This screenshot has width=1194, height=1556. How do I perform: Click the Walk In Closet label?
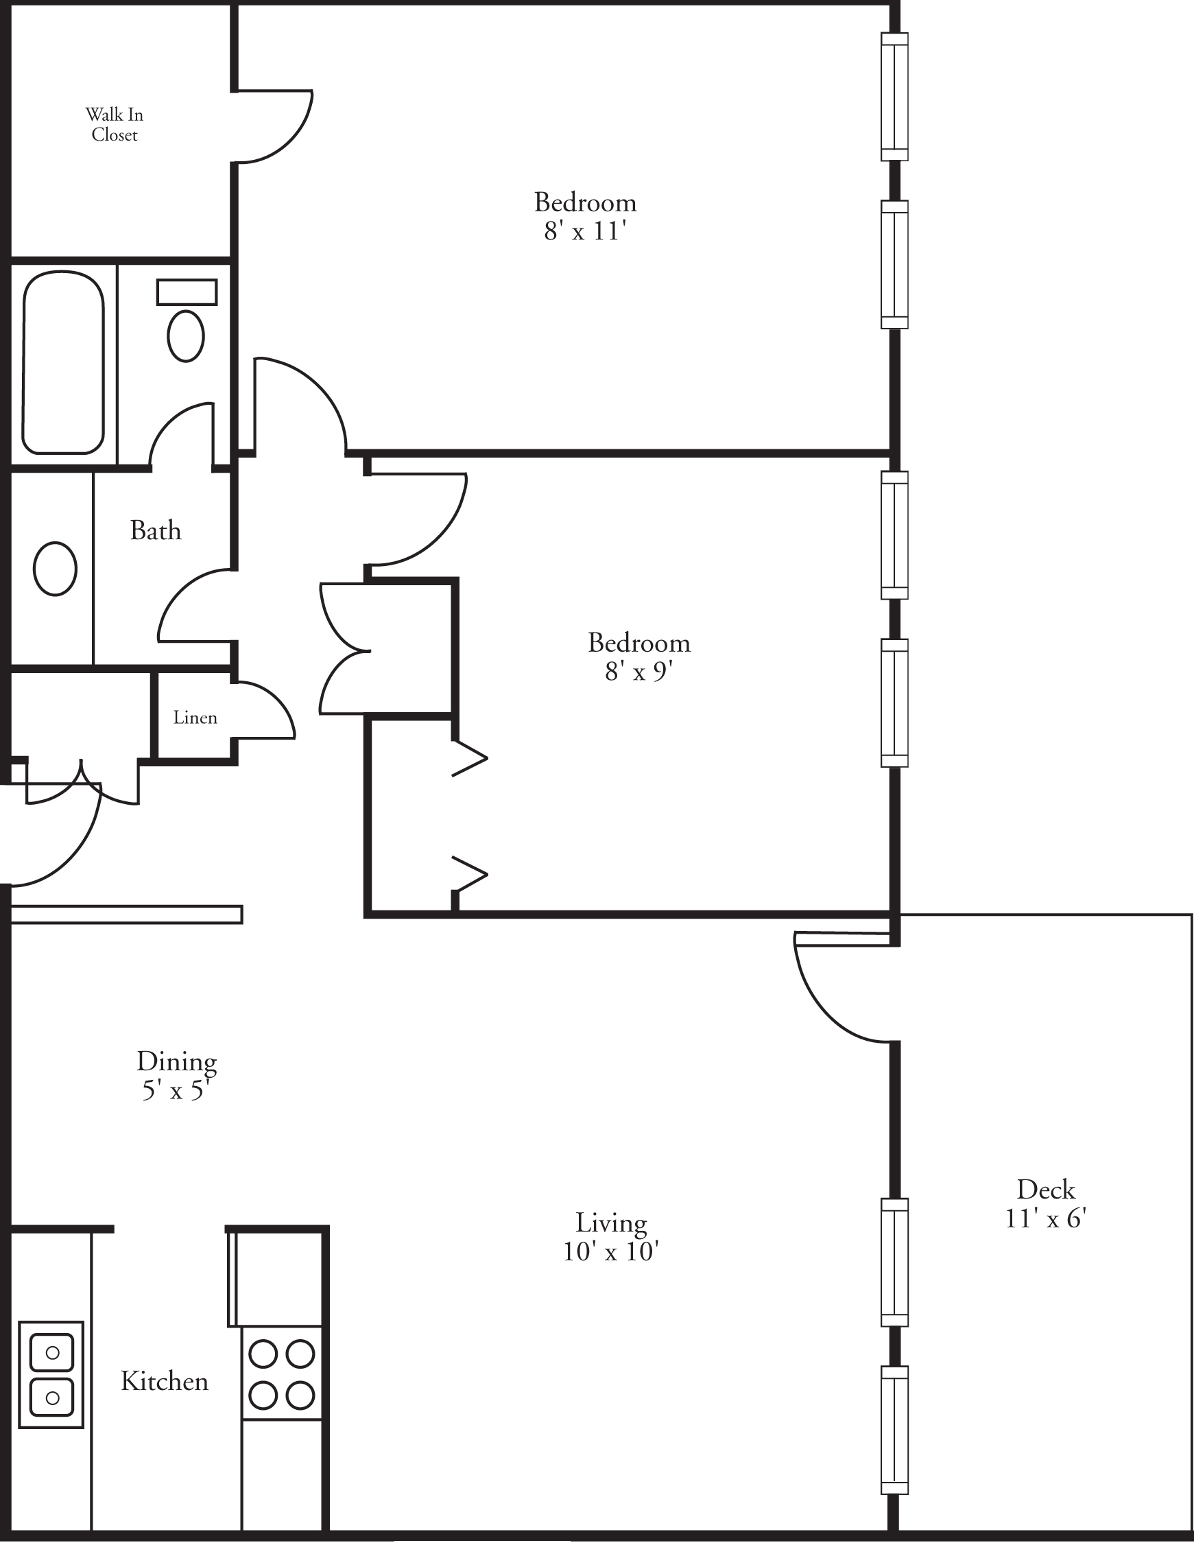pyautogui.click(x=115, y=124)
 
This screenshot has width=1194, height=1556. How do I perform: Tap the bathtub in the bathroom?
pyautogui.click(x=63, y=362)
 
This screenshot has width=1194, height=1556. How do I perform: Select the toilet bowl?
pyautogui.click(x=187, y=335)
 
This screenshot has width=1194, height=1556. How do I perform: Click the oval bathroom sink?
pyautogui.click(x=56, y=568)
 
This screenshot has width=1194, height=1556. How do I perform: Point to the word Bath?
pyautogui.click(x=156, y=531)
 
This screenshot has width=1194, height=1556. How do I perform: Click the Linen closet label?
pyautogui.click(x=195, y=717)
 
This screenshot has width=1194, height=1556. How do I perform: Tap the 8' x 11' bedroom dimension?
pyautogui.click(x=585, y=232)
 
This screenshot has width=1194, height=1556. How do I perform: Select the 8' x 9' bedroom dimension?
pyautogui.click(x=638, y=672)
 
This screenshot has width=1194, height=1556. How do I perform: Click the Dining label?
pyautogui.click(x=177, y=1061)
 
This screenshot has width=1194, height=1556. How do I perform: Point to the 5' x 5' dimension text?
pyautogui.click(x=176, y=1089)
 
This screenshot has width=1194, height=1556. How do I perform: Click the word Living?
pyautogui.click(x=611, y=1223)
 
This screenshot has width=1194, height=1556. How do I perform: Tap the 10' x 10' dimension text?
pyautogui.click(x=611, y=1252)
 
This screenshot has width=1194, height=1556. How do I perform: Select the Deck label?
pyautogui.click(x=1045, y=1189)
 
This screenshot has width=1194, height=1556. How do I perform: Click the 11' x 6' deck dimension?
pyautogui.click(x=1045, y=1218)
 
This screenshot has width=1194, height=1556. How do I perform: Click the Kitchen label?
pyautogui.click(x=164, y=1381)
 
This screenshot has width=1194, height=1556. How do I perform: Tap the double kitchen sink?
pyautogui.click(x=51, y=1374)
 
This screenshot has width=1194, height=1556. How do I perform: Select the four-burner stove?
pyautogui.click(x=281, y=1374)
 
